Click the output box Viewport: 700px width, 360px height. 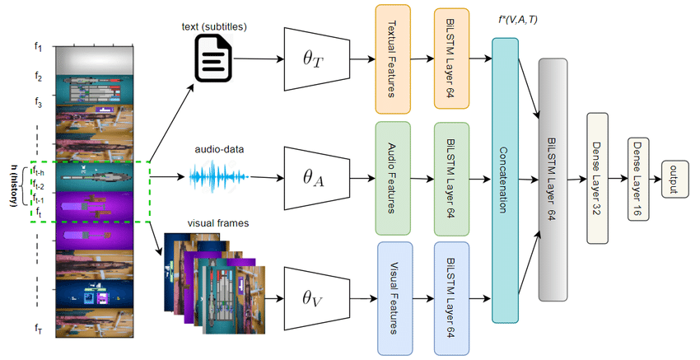coord(674,180)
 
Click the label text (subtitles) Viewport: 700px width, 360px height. coord(213,25)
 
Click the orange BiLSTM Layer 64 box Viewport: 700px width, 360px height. coord(451,58)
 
